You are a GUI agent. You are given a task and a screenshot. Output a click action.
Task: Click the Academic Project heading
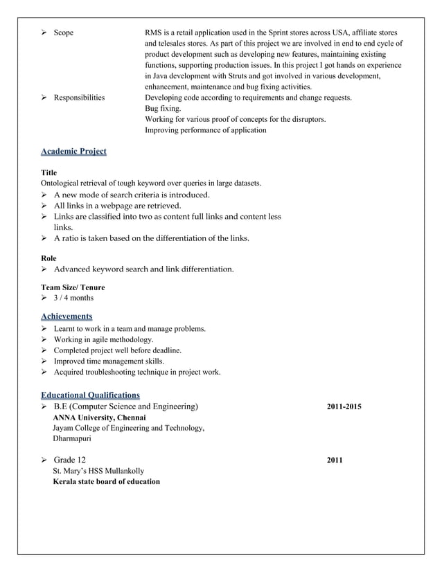tap(73, 151)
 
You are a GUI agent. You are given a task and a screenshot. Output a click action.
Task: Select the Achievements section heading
tap(67, 316)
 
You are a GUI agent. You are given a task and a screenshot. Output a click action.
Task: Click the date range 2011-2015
tap(344, 406)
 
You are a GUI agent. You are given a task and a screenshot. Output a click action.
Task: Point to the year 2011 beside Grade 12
tap(335, 461)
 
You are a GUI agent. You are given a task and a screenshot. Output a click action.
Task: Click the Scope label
tap(63, 33)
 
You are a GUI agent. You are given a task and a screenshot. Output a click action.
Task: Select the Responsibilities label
tap(79, 98)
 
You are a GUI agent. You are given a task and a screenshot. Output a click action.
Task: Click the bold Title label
tap(49, 172)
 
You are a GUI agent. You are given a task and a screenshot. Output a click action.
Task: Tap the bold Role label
tap(49, 258)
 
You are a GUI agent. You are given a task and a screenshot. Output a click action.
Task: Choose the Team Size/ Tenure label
tap(73, 287)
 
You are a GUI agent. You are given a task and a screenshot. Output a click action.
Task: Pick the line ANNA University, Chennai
tap(99, 418)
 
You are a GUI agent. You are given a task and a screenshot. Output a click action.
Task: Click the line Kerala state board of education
tap(106, 481)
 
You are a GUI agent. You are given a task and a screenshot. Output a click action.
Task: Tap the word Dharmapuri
tap(75, 438)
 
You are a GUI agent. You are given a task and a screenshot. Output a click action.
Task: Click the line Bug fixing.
tap(163, 109)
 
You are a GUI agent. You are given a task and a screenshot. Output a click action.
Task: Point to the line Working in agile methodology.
tap(103, 339)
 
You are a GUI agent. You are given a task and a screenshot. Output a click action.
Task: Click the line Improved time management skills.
tap(109, 361)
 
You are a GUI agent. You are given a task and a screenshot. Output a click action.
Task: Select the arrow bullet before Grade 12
tap(45, 461)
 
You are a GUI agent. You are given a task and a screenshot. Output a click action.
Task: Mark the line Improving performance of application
tap(205, 130)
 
